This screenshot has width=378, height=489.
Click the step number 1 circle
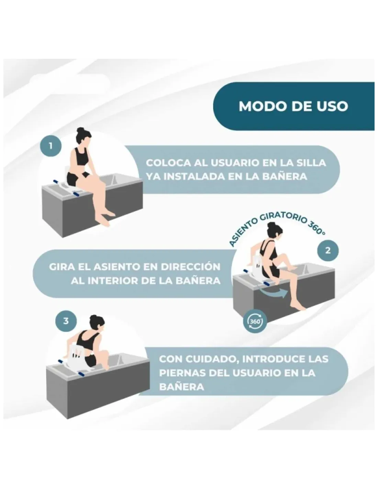point(51,146)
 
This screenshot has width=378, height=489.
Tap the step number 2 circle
point(327,250)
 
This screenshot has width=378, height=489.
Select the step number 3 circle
point(66,321)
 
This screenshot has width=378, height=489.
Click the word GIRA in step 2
point(59,267)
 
